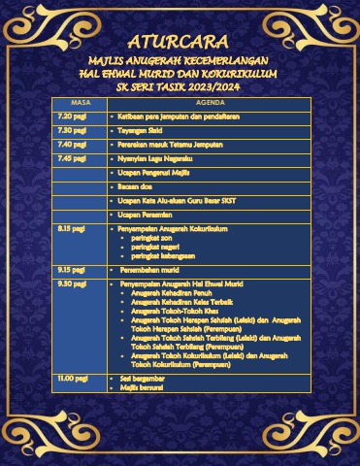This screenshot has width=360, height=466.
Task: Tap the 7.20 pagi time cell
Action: (x=73, y=116)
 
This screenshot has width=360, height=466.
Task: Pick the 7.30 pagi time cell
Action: (x=73, y=129)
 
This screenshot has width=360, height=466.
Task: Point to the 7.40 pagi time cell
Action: (x=73, y=143)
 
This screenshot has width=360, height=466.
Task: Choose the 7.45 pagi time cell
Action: (x=73, y=157)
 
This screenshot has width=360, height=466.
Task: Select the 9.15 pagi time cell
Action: (x=73, y=269)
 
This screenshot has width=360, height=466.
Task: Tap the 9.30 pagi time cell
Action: (x=73, y=283)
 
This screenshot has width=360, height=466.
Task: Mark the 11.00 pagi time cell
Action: (x=73, y=377)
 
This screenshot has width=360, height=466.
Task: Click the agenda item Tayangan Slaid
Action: (x=145, y=129)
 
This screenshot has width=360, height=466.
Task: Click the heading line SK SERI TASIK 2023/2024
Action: (x=180, y=86)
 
